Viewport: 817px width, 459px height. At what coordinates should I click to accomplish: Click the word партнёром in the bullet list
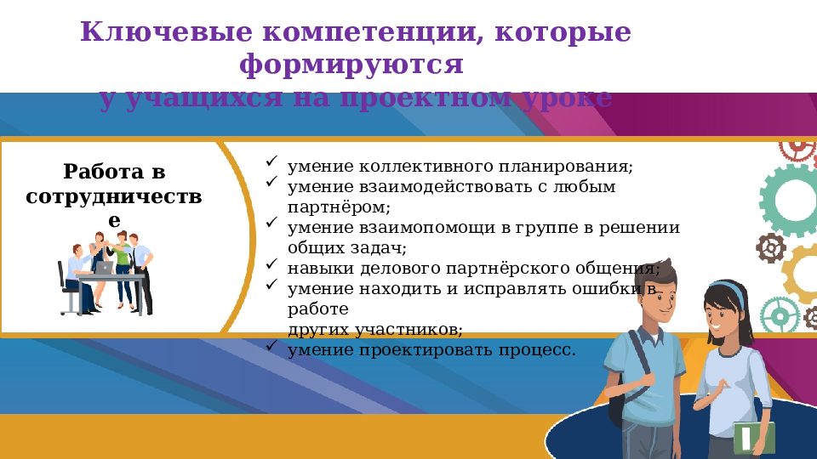pyautogui.click(x=339, y=207)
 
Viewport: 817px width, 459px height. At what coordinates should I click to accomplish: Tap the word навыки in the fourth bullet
pyautogui.click(x=312, y=269)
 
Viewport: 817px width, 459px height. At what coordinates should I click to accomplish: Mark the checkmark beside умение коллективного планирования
pyautogui.click(x=271, y=161)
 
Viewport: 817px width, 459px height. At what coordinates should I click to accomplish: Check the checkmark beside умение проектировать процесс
pyautogui.click(x=271, y=346)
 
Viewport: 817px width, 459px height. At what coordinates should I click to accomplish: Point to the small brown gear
pyautogui.click(x=771, y=248)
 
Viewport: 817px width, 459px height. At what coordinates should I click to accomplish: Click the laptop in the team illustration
pyautogui.click(x=104, y=267)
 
